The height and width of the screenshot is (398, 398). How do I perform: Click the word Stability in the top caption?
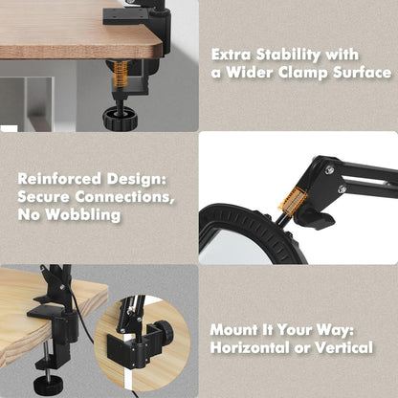click(288, 55)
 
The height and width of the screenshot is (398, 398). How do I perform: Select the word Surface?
click(362, 73)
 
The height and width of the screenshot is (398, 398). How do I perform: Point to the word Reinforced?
click(59, 179)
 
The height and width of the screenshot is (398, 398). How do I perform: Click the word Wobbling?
click(82, 214)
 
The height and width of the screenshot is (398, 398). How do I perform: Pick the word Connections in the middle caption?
click(124, 197)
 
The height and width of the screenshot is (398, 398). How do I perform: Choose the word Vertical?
click(343, 347)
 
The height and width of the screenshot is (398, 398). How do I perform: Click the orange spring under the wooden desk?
click(121, 74)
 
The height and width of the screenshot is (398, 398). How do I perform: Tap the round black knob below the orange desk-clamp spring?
click(120, 117)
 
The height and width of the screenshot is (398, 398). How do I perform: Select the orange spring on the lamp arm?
click(292, 200)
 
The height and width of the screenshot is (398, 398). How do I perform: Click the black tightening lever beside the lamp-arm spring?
click(318, 218)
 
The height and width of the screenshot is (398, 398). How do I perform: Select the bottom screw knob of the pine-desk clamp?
click(46, 384)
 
